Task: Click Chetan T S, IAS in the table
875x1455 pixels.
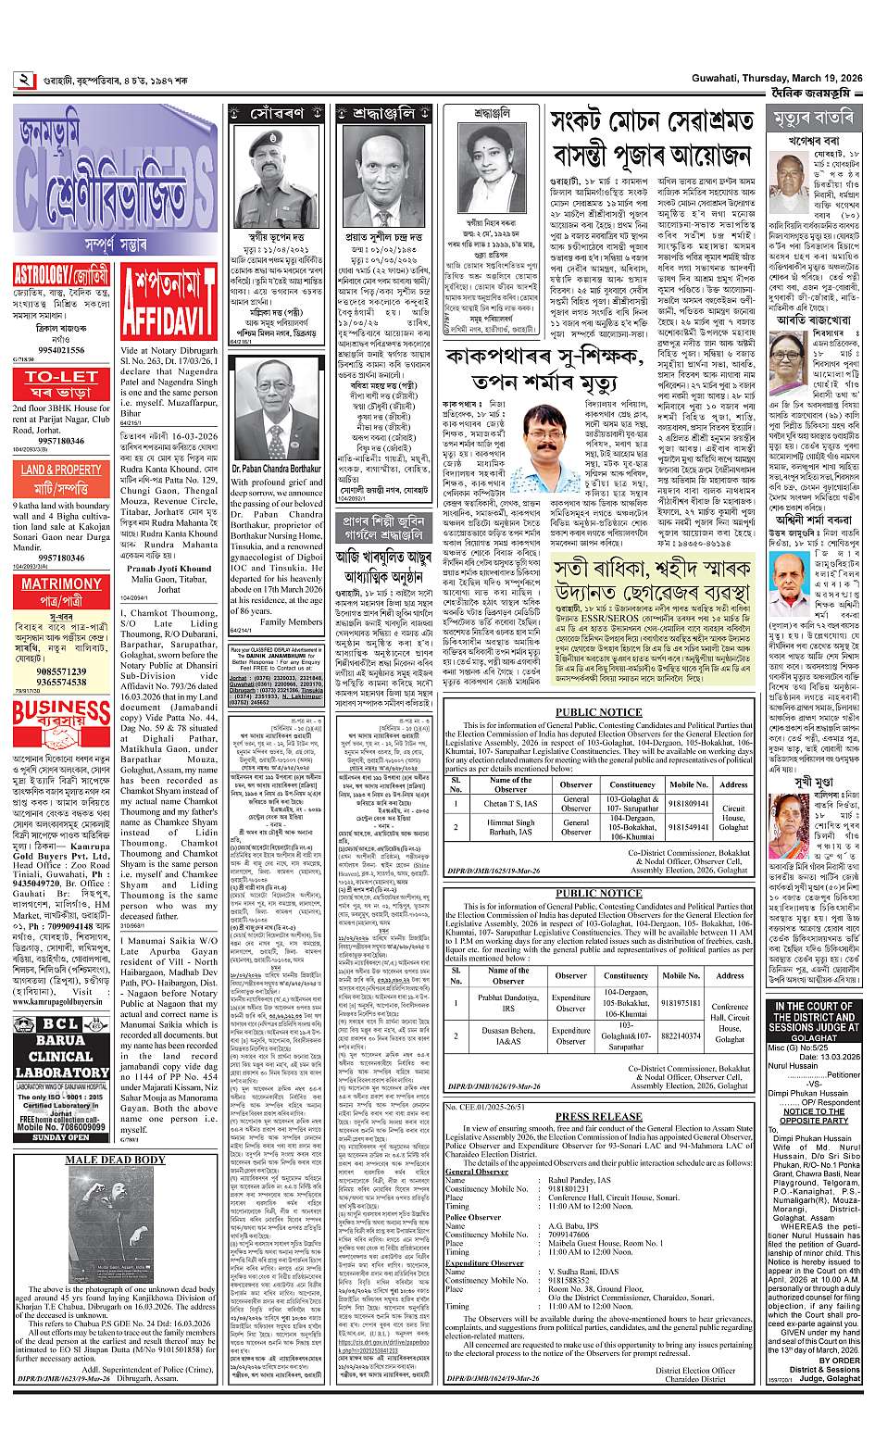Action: (510, 804)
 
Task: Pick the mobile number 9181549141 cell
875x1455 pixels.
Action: (689, 825)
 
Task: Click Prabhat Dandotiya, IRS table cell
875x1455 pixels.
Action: (508, 1002)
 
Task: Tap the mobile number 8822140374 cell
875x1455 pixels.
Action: (681, 1035)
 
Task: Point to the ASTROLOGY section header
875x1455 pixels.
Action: (61, 275)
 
